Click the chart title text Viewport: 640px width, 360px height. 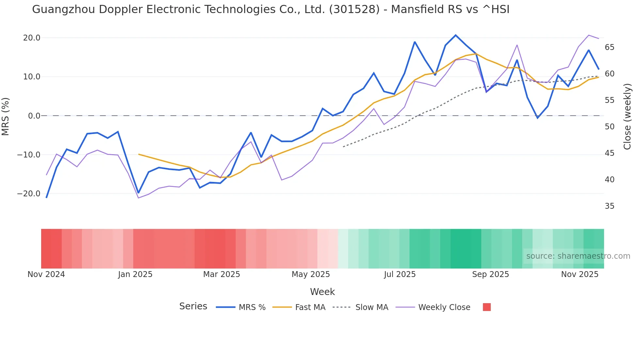click(x=270, y=9)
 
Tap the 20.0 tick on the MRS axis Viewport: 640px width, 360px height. click(x=32, y=38)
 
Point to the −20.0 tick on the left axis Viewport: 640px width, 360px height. click(x=29, y=194)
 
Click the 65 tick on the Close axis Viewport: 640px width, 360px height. click(x=609, y=47)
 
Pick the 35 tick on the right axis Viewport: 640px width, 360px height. click(x=609, y=206)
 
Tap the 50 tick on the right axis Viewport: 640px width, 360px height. click(x=609, y=127)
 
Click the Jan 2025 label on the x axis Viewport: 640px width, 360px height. click(x=135, y=274)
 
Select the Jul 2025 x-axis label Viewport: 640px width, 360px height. click(x=400, y=274)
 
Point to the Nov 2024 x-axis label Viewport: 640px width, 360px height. click(x=46, y=274)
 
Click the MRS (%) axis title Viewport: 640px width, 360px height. click(x=6, y=116)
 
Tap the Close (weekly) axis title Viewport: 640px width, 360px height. click(x=627, y=117)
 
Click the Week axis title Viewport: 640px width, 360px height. click(x=322, y=292)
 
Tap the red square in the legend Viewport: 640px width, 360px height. click(x=487, y=307)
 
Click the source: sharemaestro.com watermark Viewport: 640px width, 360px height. click(x=578, y=256)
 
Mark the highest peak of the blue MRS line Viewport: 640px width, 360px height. click(x=456, y=35)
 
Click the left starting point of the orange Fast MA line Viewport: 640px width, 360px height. click(x=139, y=154)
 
